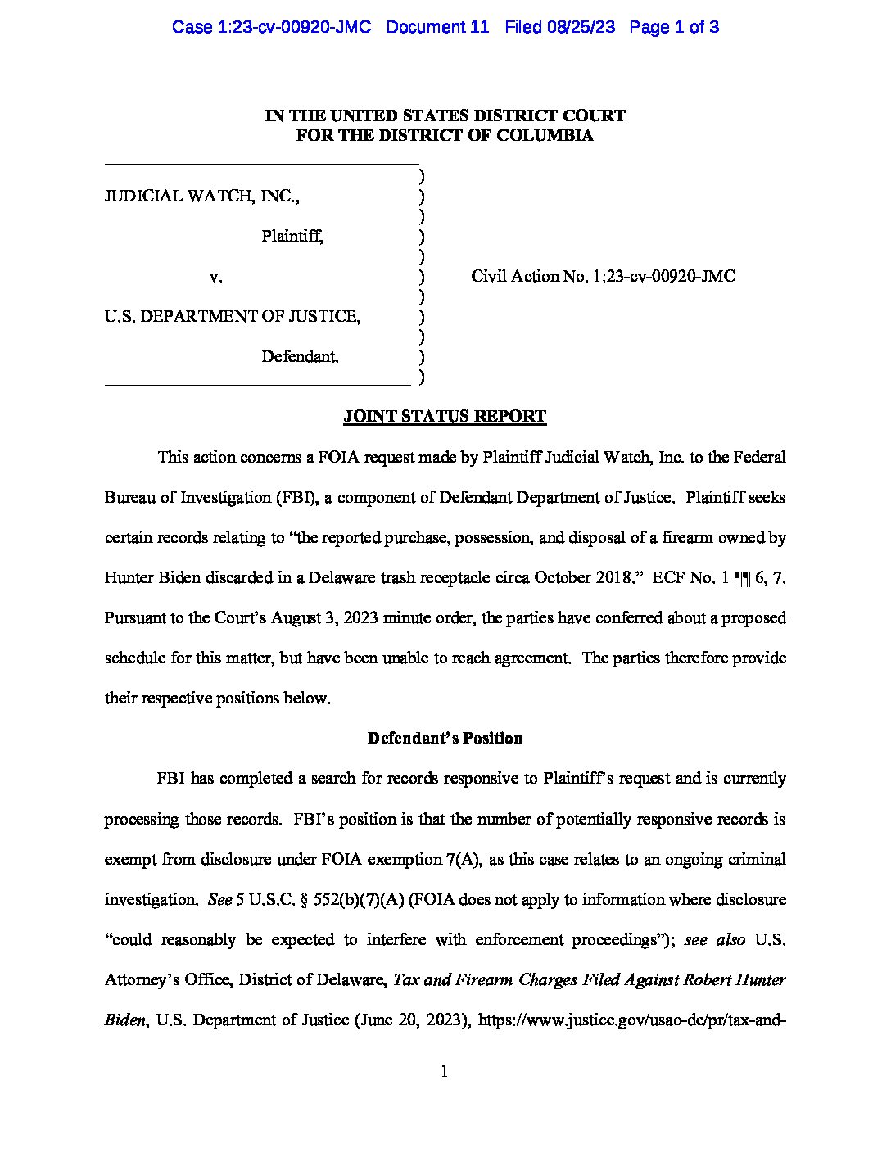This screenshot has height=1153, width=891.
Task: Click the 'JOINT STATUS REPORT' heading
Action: click(x=444, y=416)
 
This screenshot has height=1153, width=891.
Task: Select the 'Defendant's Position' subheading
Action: click(x=445, y=738)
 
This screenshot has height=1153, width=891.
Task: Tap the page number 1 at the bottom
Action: click(x=444, y=1071)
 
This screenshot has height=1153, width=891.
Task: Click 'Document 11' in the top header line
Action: click(x=437, y=27)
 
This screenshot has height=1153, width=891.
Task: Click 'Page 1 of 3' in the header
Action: click(x=674, y=27)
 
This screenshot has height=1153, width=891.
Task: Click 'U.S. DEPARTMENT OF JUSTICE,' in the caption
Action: click(x=232, y=316)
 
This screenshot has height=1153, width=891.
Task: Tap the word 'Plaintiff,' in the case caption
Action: click(x=292, y=237)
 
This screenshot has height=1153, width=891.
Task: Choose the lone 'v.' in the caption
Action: click(x=215, y=277)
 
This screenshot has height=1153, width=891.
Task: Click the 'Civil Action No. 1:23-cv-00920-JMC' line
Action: click(x=603, y=276)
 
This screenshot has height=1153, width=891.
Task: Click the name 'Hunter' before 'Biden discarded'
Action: click(x=129, y=577)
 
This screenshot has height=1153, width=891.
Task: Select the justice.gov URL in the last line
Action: click(x=631, y=1020)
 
